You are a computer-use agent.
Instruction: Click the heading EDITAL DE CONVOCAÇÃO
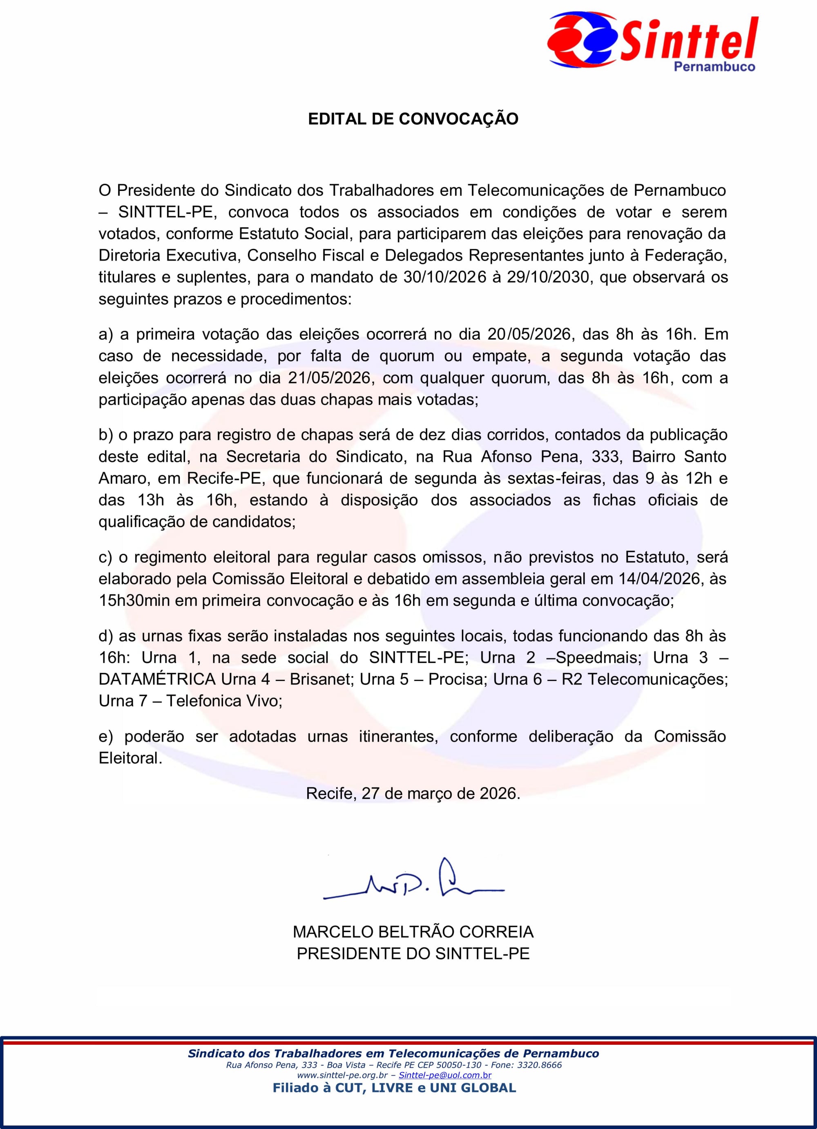(x=413, y=119)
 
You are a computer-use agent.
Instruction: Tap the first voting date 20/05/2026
(x=529, y=334)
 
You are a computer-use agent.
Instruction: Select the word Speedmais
(x=598, y=658)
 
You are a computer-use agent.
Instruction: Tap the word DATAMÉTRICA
(x=157, y=679)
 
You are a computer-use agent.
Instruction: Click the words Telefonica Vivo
(x=224, y=701)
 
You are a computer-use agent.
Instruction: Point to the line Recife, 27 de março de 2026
(x=413, y=793)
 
